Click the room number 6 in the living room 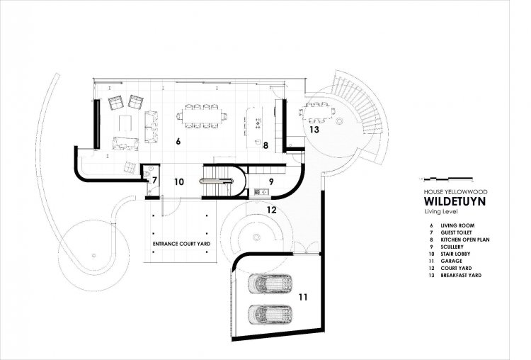178,141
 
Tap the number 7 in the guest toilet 154,180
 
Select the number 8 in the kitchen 265,145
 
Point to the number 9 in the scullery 271,181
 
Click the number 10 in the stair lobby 179,182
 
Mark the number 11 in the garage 303,298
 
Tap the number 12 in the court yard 272,210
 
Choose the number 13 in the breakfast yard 314,130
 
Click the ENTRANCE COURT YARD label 181,244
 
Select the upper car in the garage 270,283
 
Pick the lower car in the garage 270,315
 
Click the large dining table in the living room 202,116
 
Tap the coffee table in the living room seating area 125,123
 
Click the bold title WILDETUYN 455,201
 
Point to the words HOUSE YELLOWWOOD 455,192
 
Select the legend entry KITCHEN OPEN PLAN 465,240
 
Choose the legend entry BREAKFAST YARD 461,275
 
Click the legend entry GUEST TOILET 456,232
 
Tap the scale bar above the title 446,178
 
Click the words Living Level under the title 441,212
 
